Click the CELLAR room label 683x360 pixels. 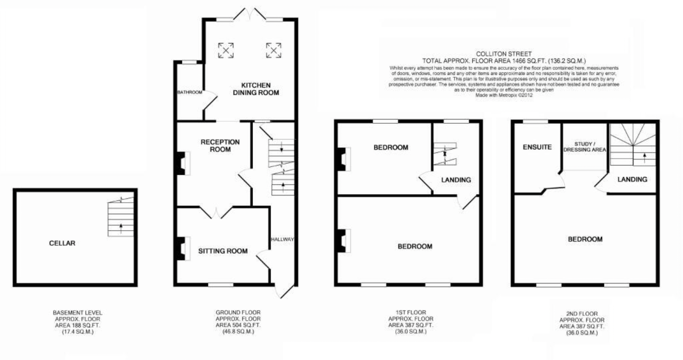[62, 243]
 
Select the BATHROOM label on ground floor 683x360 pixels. [190, 93]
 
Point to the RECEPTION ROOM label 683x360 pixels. [220, 146]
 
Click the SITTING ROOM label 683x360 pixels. [223, 251]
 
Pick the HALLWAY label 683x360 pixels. [282, 240]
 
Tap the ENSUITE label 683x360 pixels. [537, 147]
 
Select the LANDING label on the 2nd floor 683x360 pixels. [632, 180]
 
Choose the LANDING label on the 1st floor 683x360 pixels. [456, 180]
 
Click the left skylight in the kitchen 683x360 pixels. [226, 50]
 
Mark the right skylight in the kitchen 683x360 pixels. [273, 50]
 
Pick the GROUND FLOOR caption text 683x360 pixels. [238, 312]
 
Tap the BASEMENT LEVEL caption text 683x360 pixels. [77, 312]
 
